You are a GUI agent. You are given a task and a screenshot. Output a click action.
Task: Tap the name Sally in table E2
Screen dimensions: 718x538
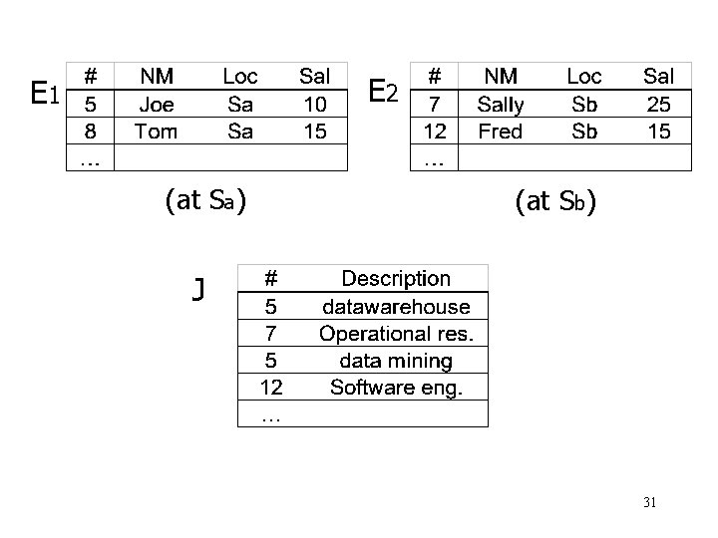[x=500, y=103]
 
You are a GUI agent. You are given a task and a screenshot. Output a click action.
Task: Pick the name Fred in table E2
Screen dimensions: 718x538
[x=500, y=131]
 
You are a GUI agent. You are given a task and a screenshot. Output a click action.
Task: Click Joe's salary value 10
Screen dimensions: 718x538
[x=315, y=103]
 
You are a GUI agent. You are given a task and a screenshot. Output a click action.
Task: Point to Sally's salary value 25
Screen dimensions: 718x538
[x=658, y=103]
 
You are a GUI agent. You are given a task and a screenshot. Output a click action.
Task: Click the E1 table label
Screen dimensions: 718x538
[x=46, y=95]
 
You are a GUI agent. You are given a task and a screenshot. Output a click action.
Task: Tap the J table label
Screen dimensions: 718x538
[x=199, y=290]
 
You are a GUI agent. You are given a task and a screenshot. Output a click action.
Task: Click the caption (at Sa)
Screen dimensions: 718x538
[x=205, y=201]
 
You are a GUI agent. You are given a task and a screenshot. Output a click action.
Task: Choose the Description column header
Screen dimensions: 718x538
[x=396, y=279]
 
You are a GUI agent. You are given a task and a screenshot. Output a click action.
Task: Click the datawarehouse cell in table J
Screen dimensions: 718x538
[x=396, y=306]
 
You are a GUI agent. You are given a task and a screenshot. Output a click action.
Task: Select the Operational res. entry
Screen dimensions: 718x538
[x=396, y=333]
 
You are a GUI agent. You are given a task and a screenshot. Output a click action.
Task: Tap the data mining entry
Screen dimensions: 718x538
[x=396, y=360]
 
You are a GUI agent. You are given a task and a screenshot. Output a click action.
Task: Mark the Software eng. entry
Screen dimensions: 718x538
[x=396, y=387]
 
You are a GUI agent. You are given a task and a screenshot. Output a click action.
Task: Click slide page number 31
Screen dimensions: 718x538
[x=649, y=503]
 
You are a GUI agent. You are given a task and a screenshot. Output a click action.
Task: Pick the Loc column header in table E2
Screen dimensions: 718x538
[x=583, y=76]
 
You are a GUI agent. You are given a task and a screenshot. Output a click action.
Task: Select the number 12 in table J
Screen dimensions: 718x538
[x=271, y=387]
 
